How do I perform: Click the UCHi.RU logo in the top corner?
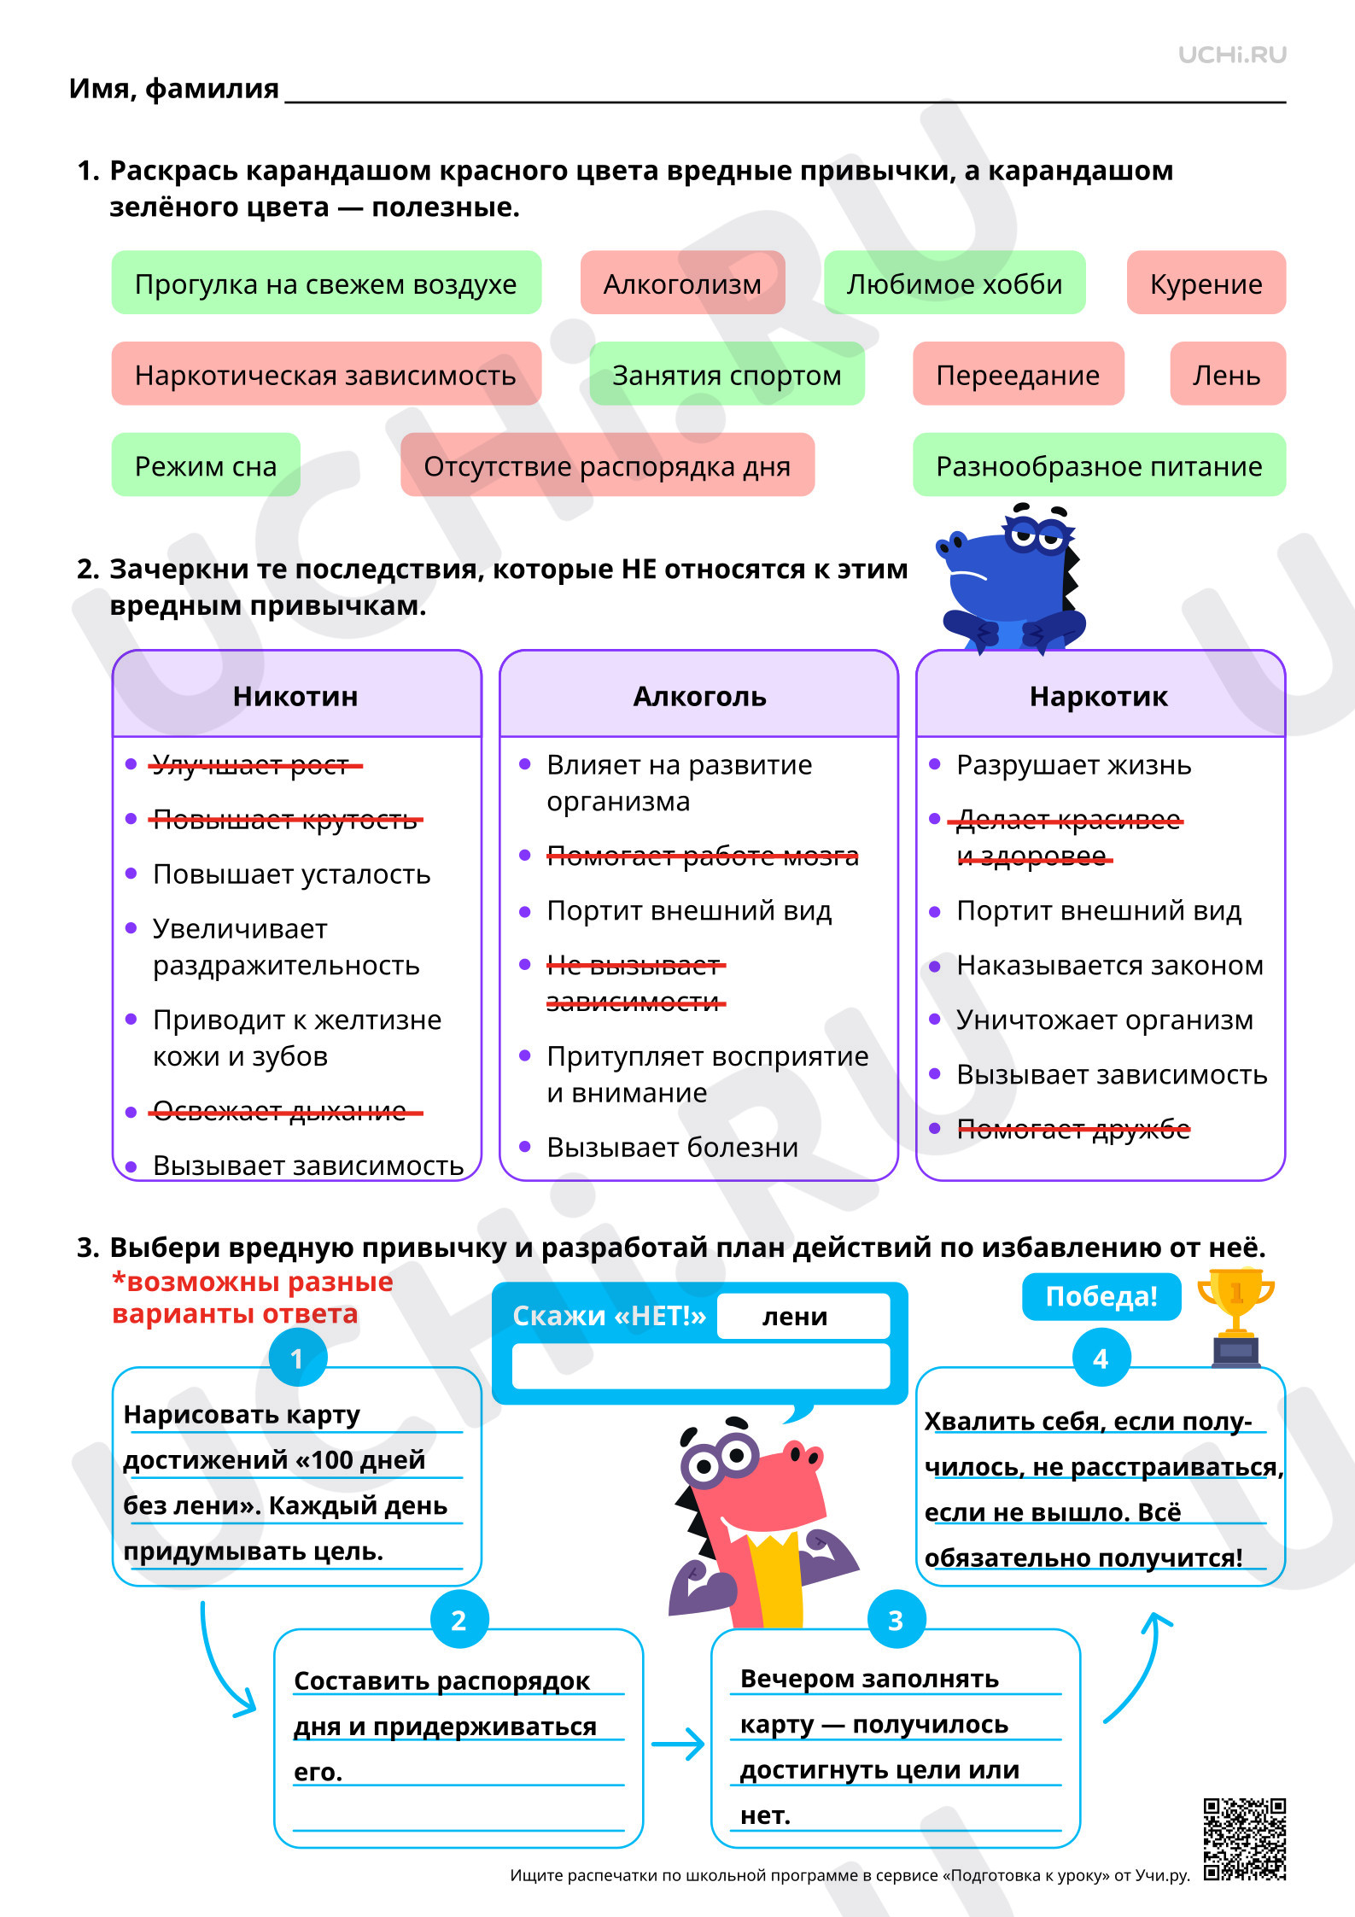[1232, 55]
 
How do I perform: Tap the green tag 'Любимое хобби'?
[955, 283]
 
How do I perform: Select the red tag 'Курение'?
[1206, 283]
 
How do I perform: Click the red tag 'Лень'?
[1228, 374]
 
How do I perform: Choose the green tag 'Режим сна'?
[206, 465]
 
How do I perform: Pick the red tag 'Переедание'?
[1019, 374]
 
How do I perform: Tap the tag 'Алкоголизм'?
[683, 283]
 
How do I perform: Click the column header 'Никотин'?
[295, 696]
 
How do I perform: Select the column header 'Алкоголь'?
[699, 696]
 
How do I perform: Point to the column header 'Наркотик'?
[1099, 696]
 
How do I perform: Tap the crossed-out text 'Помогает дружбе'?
[1073, 1130]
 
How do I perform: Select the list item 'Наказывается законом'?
[1110, 965]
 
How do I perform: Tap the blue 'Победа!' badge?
[1101, 1296]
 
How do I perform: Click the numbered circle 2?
[459, 1620]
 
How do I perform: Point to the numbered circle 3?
[897, 1620]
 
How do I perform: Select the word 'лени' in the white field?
[795, 1316]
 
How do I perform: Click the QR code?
[1245, 1839]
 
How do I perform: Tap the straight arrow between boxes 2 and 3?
[678, 1744]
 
